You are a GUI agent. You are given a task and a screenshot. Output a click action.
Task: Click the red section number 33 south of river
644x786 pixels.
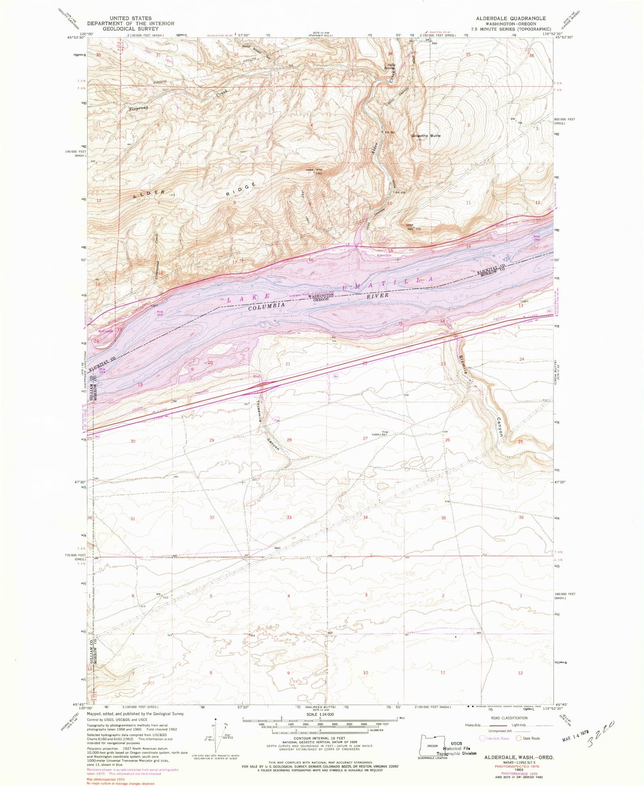point(289,517)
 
